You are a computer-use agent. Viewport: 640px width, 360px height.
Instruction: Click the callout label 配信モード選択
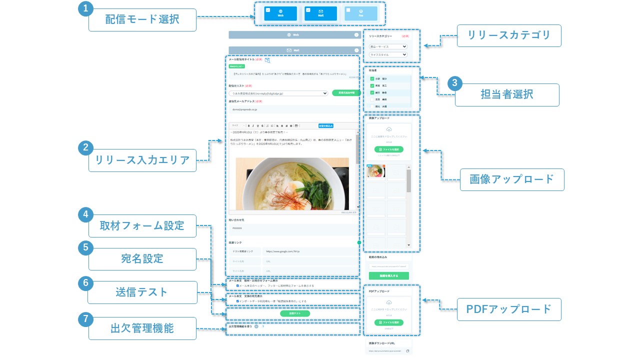coord(142,19)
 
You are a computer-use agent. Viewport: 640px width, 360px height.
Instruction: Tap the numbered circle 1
coord(86,8)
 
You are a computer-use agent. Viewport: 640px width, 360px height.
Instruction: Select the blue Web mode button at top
coord(280,14)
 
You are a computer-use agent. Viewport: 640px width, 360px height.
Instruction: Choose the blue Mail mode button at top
coord(320,14)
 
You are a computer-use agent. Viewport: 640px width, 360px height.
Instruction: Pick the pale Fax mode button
coord(360,14)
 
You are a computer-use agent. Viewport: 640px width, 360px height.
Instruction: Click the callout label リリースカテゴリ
coord(509,35)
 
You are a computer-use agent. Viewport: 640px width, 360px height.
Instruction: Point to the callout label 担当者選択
coord(506,94)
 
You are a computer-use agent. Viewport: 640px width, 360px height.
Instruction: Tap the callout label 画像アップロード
coord(511,179)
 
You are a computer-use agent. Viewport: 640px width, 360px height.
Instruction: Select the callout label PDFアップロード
coord(508,309)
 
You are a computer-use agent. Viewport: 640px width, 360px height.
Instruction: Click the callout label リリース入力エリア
coord(142,160)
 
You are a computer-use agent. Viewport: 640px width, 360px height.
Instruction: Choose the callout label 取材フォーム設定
coord(142,226)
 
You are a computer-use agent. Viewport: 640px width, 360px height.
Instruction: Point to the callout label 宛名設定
coord(142,259)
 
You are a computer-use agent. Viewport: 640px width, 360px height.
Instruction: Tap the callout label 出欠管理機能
coord(142,328)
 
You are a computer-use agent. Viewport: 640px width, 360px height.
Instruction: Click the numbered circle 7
coord(86,318)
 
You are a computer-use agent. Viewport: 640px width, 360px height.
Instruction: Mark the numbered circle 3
coord(454,83)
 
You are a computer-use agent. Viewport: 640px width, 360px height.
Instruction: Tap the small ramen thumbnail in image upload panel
coord(375,171)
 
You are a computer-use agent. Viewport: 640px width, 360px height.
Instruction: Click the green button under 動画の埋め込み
coord(388,275)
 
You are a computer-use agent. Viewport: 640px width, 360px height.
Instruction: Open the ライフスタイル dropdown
coord(388,54)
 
